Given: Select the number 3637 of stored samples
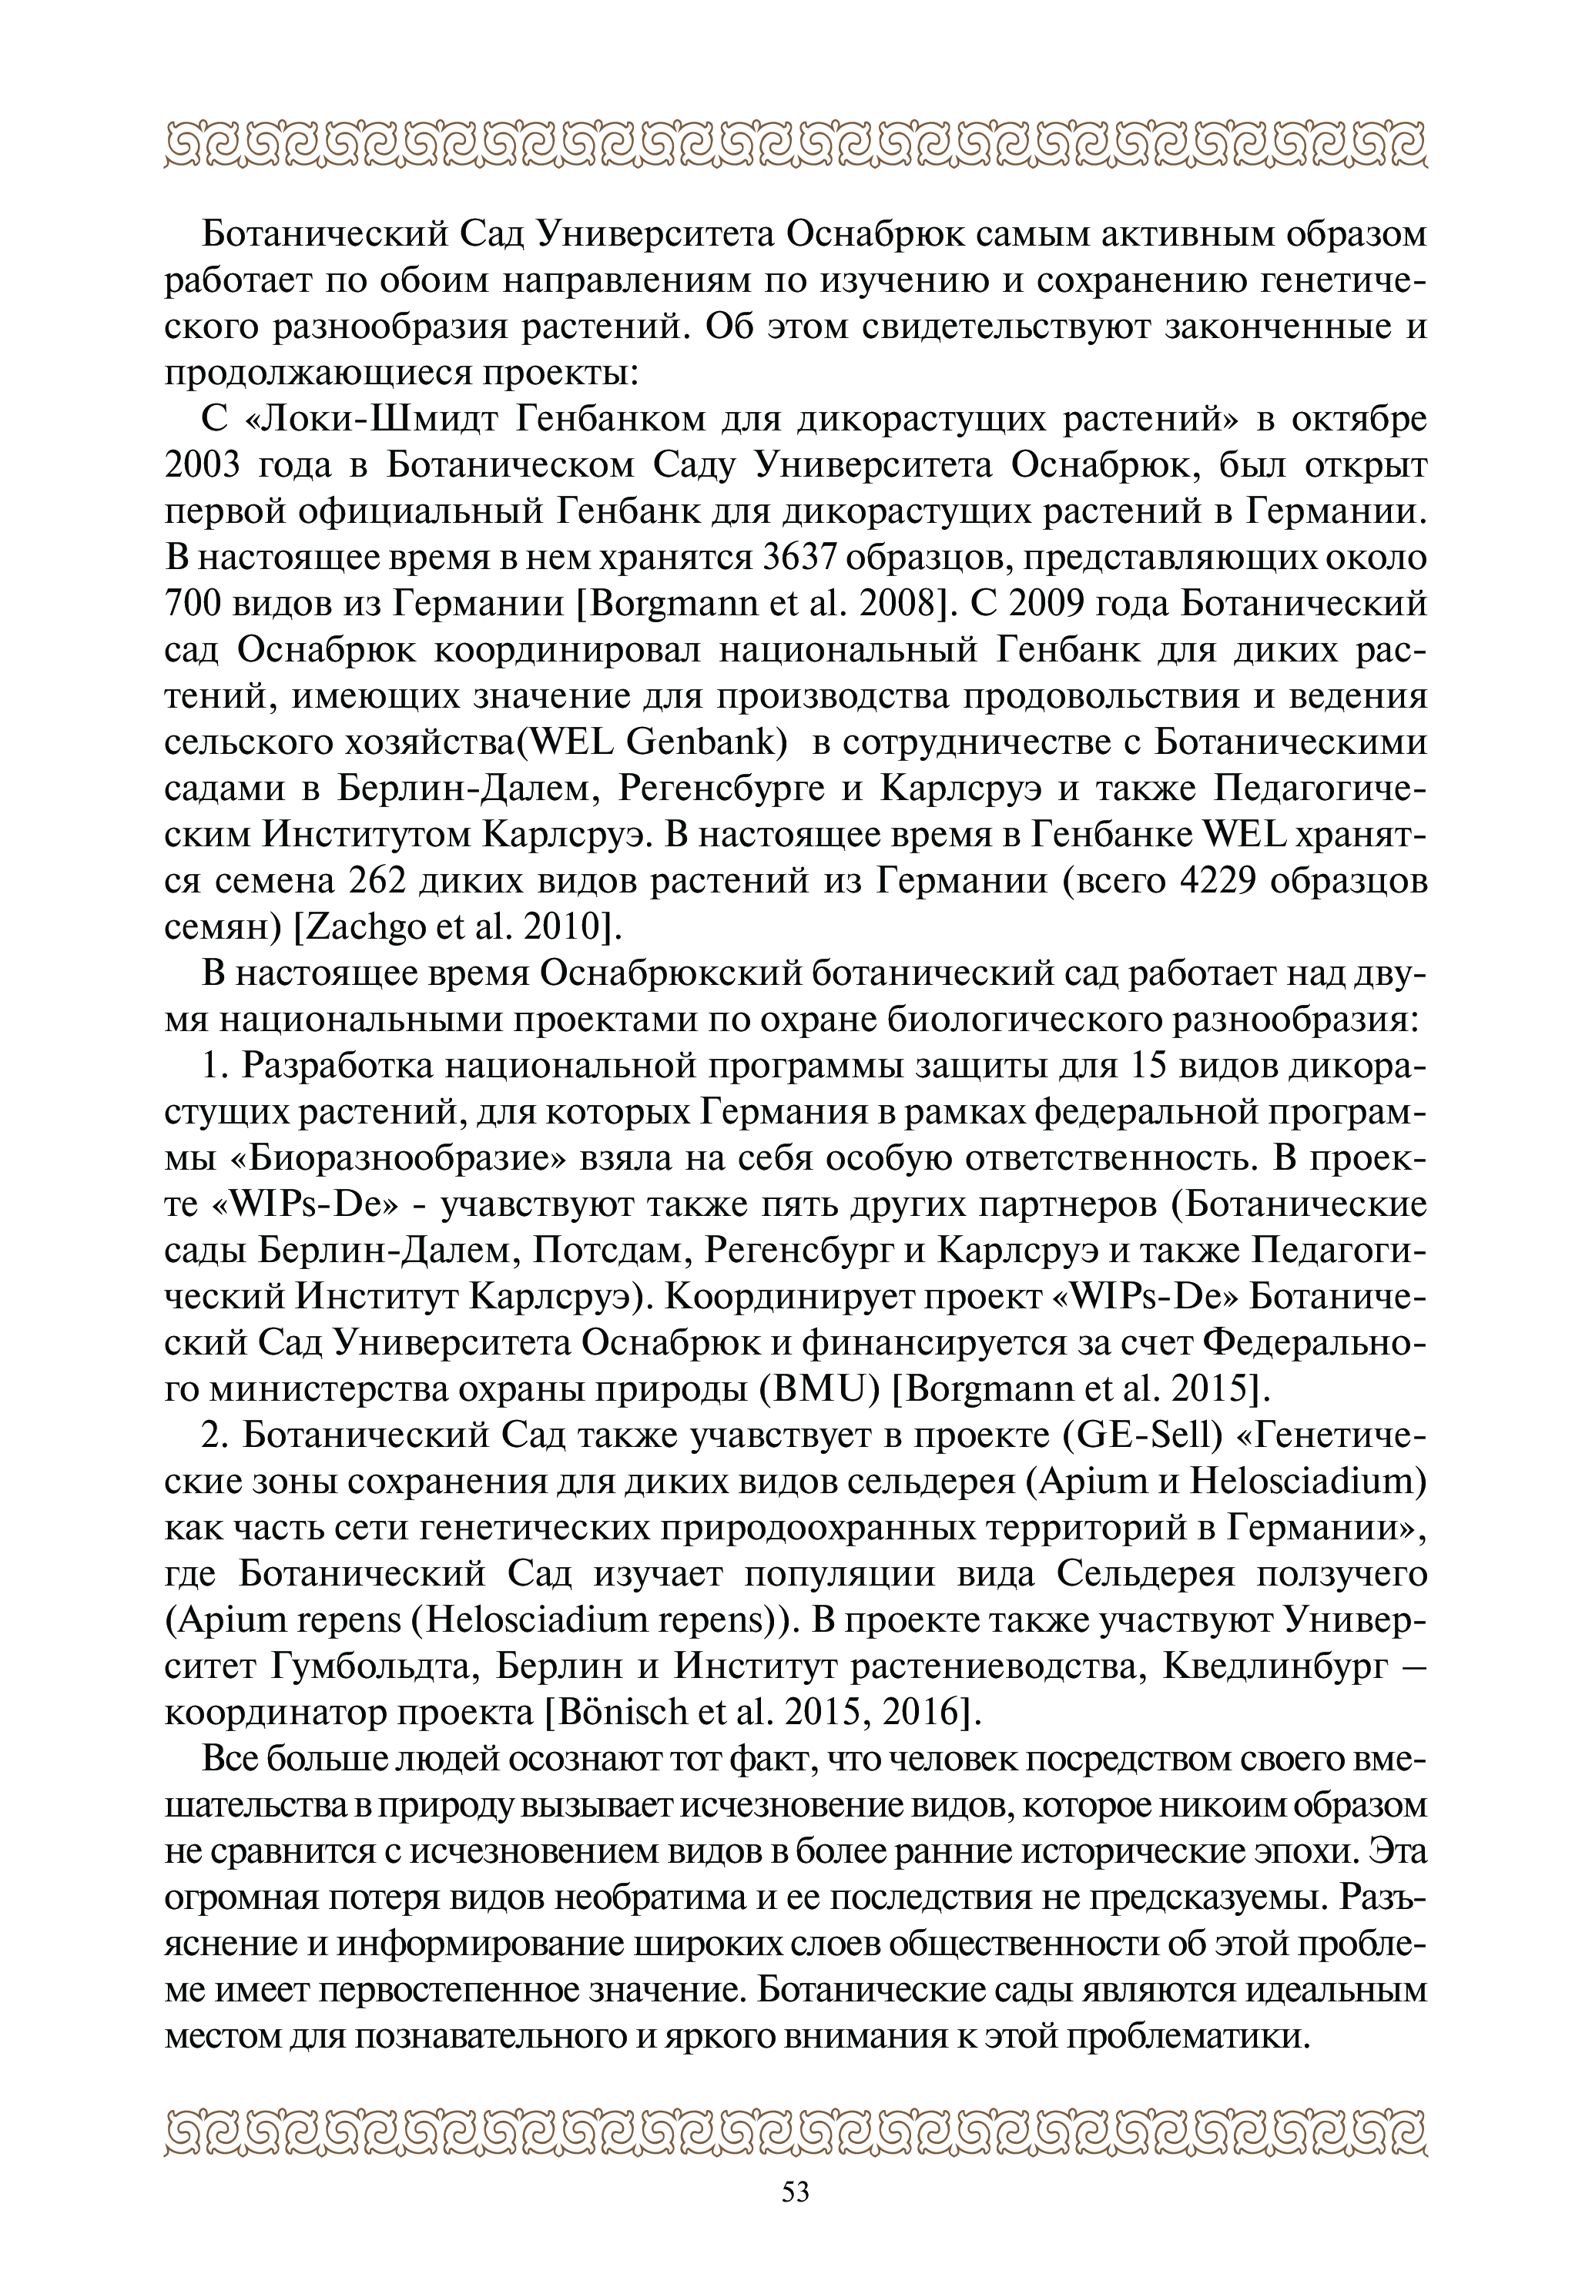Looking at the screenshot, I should [x=807, y=558].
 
